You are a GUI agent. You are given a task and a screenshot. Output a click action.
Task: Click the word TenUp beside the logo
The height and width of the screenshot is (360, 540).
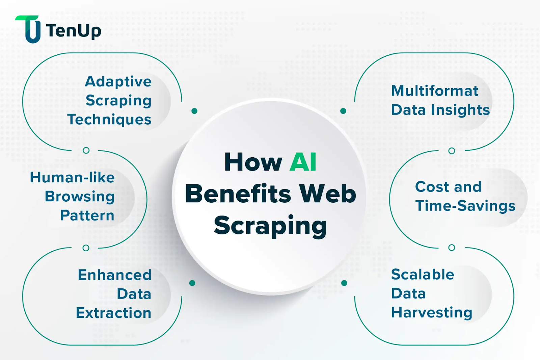click(x=73, y=31)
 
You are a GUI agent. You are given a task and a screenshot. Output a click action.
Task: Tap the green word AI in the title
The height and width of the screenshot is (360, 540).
click(x=303, y=162)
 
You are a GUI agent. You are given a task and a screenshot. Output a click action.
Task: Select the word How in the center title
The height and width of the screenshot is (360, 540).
click(x=253, y=162)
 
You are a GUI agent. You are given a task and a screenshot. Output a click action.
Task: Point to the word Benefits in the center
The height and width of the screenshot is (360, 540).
click(x=238, y=194)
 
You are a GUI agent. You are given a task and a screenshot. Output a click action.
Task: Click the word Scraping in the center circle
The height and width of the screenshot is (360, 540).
click(x=270, y=226)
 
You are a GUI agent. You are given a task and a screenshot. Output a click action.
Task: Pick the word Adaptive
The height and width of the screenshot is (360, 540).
click(x=118, y=81)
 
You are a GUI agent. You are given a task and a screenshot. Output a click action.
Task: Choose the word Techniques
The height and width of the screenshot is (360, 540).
click(x=109, y=120)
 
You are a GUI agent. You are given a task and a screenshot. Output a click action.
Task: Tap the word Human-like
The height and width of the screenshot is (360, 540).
click(x=72, y=178)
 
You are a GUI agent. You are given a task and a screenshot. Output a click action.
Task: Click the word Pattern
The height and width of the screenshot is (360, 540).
click(x=87, y=215)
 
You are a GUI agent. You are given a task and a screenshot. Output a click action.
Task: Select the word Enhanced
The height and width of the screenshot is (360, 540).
click(x=114, y=275)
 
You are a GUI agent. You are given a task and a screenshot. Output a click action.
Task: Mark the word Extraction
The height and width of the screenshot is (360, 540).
click(x=113, y=313)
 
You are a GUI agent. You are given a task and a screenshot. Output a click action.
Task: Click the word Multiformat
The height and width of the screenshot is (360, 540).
click(x=435, y=91)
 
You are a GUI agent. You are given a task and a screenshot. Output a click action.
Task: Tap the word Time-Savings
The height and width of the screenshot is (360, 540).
click(x=465, y=206)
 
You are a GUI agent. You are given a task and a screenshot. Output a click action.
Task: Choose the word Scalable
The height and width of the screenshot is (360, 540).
click(x=423, y=275)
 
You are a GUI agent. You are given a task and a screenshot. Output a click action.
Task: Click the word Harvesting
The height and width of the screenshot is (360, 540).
click(x=431, y=313)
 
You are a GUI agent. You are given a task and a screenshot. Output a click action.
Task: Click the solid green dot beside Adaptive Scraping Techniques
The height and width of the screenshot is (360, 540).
click(x=194, y=111)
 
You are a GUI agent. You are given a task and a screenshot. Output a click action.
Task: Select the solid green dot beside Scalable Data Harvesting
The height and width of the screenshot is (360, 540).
click(x=344, y=283)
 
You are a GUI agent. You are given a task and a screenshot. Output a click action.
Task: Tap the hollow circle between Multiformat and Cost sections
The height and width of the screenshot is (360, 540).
click(x=452, y=151)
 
